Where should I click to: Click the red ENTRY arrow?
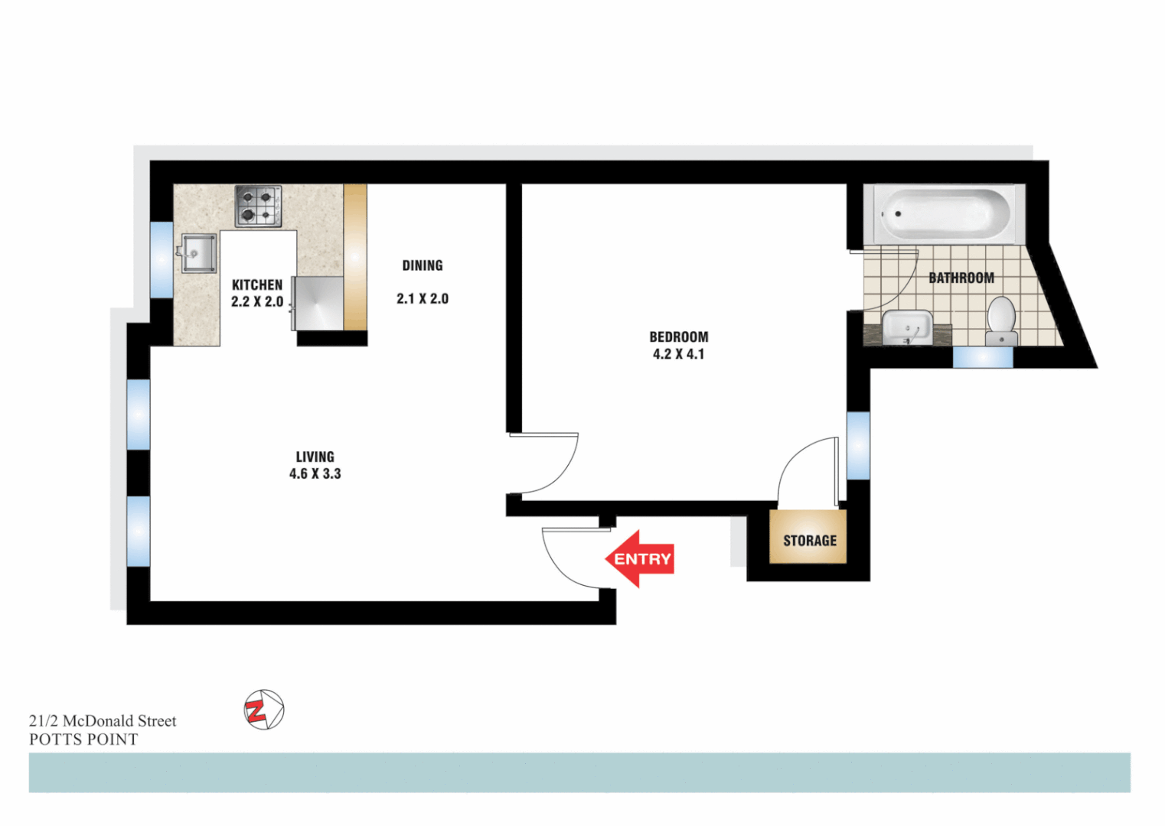click(640, 559)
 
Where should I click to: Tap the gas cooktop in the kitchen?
click(258, 206)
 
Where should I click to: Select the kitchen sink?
click(199, 253)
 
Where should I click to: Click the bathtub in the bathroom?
click(944, 214)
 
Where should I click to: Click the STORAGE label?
click(810, 541)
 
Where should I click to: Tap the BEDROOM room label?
click(679, 337)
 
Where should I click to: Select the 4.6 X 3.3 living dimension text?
click(315, 474)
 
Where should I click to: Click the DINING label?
click(423, 265)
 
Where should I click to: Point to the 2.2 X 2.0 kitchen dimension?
click(257, 302)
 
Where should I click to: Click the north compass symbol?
click(263, 709)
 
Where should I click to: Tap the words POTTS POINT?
click(83, 740)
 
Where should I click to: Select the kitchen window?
click(161, 259)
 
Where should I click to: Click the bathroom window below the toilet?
click(983, 356)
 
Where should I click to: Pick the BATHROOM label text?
click(961, 278)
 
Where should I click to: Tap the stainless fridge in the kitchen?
click(318, 304)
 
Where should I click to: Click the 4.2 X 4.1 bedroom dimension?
click(678, 354)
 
